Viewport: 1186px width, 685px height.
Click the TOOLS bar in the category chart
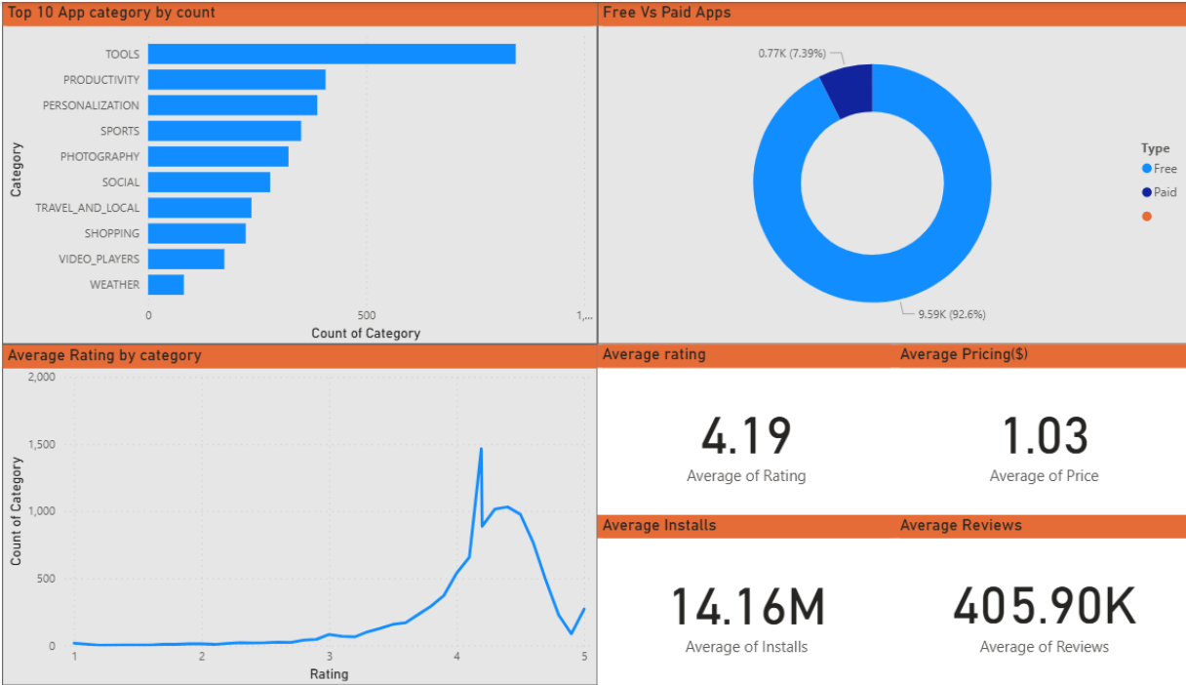332,55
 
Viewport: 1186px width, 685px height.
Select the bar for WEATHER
166,285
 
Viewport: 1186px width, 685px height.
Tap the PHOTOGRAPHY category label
99,156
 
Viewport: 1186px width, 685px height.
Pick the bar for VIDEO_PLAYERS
186,259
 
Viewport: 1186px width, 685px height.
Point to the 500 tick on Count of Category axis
366,315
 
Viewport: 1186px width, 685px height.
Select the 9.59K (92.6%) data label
958,314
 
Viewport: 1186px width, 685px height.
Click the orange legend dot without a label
1146,217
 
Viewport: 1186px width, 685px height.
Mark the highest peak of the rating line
481,449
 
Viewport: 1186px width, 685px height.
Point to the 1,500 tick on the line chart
44,444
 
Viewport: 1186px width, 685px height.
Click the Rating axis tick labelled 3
330,656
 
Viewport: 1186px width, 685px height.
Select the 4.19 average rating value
746,436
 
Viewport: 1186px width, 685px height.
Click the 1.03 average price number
1045,436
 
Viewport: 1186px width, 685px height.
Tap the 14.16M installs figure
747,607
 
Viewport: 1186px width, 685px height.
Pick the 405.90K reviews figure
1045,607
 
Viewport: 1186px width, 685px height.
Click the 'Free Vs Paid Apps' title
666,13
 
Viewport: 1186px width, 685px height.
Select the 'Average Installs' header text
659,525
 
